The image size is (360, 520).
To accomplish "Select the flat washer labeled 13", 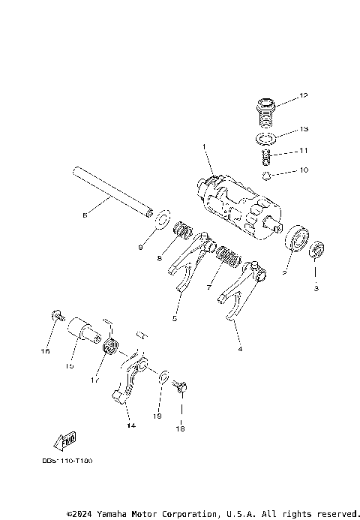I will [x=265, y=139].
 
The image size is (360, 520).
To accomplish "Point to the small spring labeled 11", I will [x=265, y=158].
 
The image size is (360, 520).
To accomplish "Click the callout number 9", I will [x=140, y=246].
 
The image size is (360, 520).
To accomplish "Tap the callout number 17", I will [x=95, y=380].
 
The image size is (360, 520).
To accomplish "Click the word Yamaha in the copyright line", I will [x=111, y=514].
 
